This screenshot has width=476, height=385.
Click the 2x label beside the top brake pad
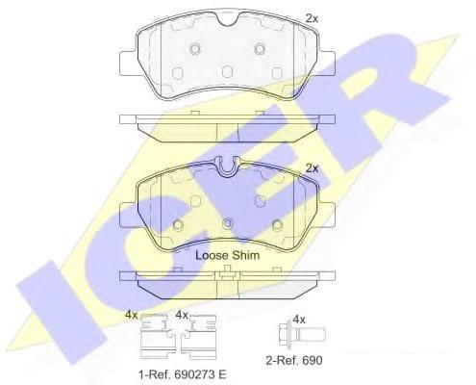pos(312,18)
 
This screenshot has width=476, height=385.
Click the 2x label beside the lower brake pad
pos(312,168)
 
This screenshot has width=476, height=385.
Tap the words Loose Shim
pos(227,255)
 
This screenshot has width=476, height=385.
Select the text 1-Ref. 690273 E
pos(183,374)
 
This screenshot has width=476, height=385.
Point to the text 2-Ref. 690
pos(294,360)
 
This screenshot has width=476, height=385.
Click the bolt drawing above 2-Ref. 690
pos(302,335)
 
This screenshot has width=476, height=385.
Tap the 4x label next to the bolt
pos(299,320)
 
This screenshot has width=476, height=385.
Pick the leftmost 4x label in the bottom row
pos(131,315)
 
